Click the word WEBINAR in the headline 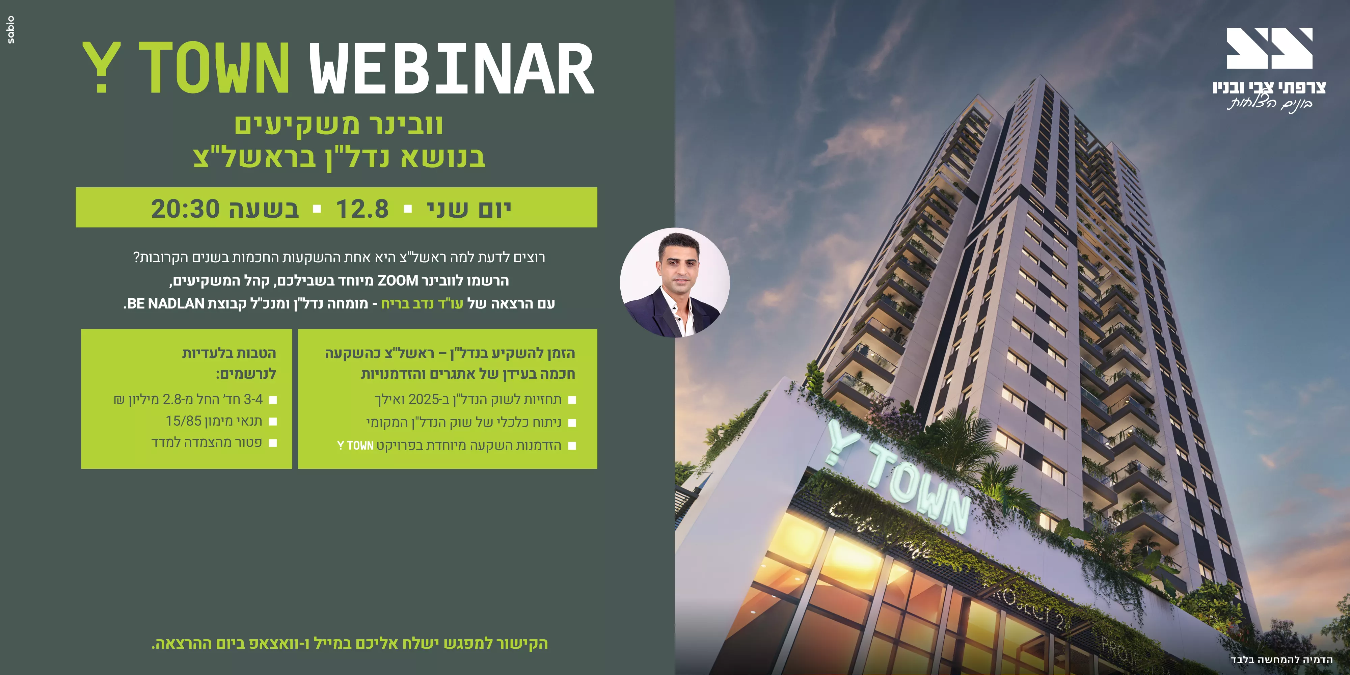tap(452, 68)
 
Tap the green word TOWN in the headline tap(214, 68)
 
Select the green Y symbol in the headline tap(101, 68)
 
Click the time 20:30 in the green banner tap(185, 209)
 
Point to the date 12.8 tap(362, 209)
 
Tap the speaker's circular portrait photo tap(674, 282)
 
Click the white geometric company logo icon tap(1269, 48)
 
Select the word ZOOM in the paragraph tap(398, 281)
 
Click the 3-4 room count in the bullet tap(253, 399)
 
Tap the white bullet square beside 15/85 tap(272, 421)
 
